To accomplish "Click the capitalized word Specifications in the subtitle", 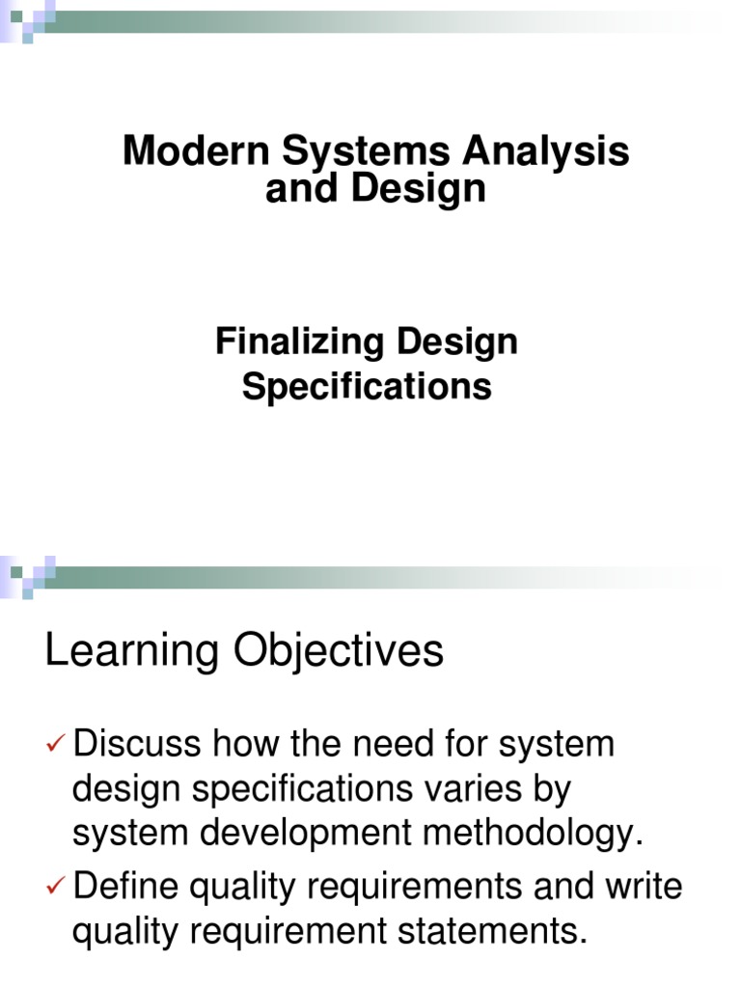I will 367,387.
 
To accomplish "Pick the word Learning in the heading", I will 131,651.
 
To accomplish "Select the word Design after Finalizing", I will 455,342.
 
